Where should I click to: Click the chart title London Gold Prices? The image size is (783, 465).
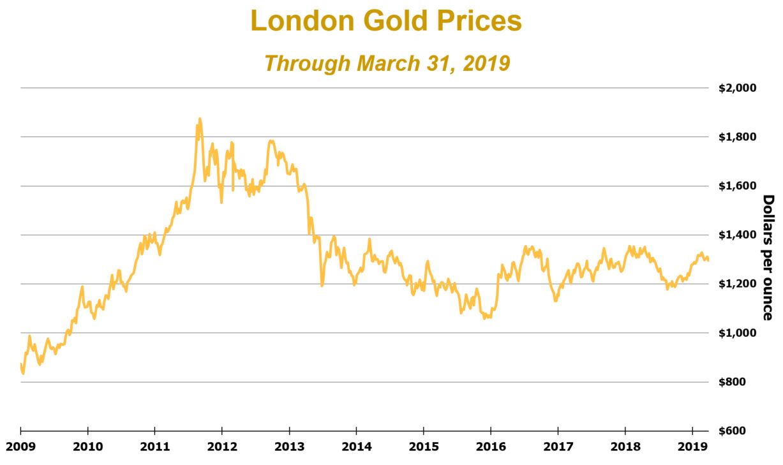[x=386, y=21]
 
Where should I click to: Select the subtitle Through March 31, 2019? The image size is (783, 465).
[x=387, y=63]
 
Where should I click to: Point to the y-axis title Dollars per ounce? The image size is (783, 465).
[x=768, y=258]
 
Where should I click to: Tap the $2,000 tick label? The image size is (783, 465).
[x=738, y=88]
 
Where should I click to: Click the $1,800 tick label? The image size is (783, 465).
[x=738, y=137]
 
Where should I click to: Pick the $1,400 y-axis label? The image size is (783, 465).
[x=738, y=235]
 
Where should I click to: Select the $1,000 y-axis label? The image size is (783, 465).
[x=738, y=333]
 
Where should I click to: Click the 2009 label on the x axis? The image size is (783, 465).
[x=20, y=445]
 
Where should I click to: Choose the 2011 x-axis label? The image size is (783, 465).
[x=154, y=445]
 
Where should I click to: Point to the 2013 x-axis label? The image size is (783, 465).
[x=289, y=445]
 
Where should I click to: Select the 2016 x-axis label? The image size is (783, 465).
[x=491, y=445]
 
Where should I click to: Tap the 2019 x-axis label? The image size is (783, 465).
[x=692, y=445]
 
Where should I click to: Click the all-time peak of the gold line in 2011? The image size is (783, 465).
[x=199, y=118]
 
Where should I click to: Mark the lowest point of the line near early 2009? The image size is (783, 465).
[x=23, y=373]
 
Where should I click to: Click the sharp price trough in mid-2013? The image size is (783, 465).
[x=322, y=285]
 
